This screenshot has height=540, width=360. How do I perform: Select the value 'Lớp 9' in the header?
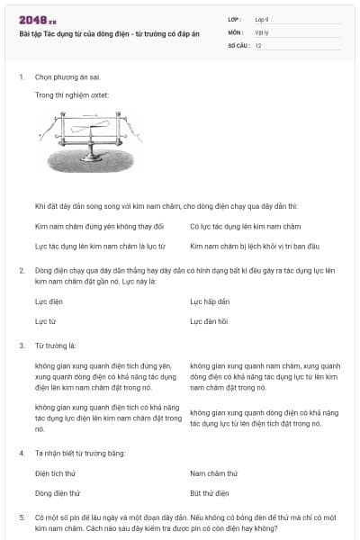click(x=262, y=19)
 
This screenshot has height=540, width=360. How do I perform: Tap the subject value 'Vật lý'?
click(x=262, y=31)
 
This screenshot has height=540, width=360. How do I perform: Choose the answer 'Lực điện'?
click(x=49, y=301)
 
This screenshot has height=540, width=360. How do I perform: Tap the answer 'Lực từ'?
click(x=45, y=320)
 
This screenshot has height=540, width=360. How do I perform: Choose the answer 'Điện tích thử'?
click(x=56, y=472)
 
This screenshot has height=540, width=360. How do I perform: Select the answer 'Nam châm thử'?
click(x=214, y=472)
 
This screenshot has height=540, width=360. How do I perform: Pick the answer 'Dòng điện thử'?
click(x=58, y=492)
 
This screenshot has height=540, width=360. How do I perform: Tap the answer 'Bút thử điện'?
click(x=210, y=492)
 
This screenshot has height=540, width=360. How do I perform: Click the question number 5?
click(x=22, y=517)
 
